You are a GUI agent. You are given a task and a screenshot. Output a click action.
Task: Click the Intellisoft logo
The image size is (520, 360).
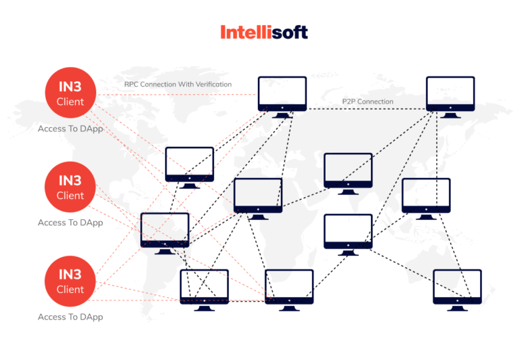pyautogui.click(x=264, y=32)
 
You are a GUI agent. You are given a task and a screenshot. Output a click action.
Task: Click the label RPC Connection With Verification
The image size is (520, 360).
pyautogui.click(x=178, y=85)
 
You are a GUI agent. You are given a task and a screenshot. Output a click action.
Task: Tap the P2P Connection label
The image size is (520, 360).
pyautogui.click(x=367, y=102)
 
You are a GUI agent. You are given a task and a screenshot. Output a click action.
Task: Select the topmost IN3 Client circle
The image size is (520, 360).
pyautogui.click(x=70, y=95)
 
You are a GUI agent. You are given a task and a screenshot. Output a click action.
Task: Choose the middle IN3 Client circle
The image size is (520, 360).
pyautogui.click(x=70, y=188)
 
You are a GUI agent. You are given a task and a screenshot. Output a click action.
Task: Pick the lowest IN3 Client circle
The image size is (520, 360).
pyautogui.click(x=70, y=282)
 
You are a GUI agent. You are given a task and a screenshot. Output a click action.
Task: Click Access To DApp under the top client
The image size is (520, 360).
pyautogui.click(x=70, y=129)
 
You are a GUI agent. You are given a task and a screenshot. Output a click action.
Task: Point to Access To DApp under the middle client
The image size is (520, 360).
pyautogui.click(x=70, y=223)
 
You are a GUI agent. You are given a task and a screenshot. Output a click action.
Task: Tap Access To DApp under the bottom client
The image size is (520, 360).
pyautogui.click(x=70, y=317)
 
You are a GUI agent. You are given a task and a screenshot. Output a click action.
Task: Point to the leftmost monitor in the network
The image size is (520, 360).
pyautogui.click(x=165, y=230)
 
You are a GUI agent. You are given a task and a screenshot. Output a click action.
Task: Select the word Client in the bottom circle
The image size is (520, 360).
pyautogui.click(x=70, y=290)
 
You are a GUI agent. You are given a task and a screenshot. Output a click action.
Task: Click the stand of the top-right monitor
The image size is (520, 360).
pyautogui.click(x=450, y=114)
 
